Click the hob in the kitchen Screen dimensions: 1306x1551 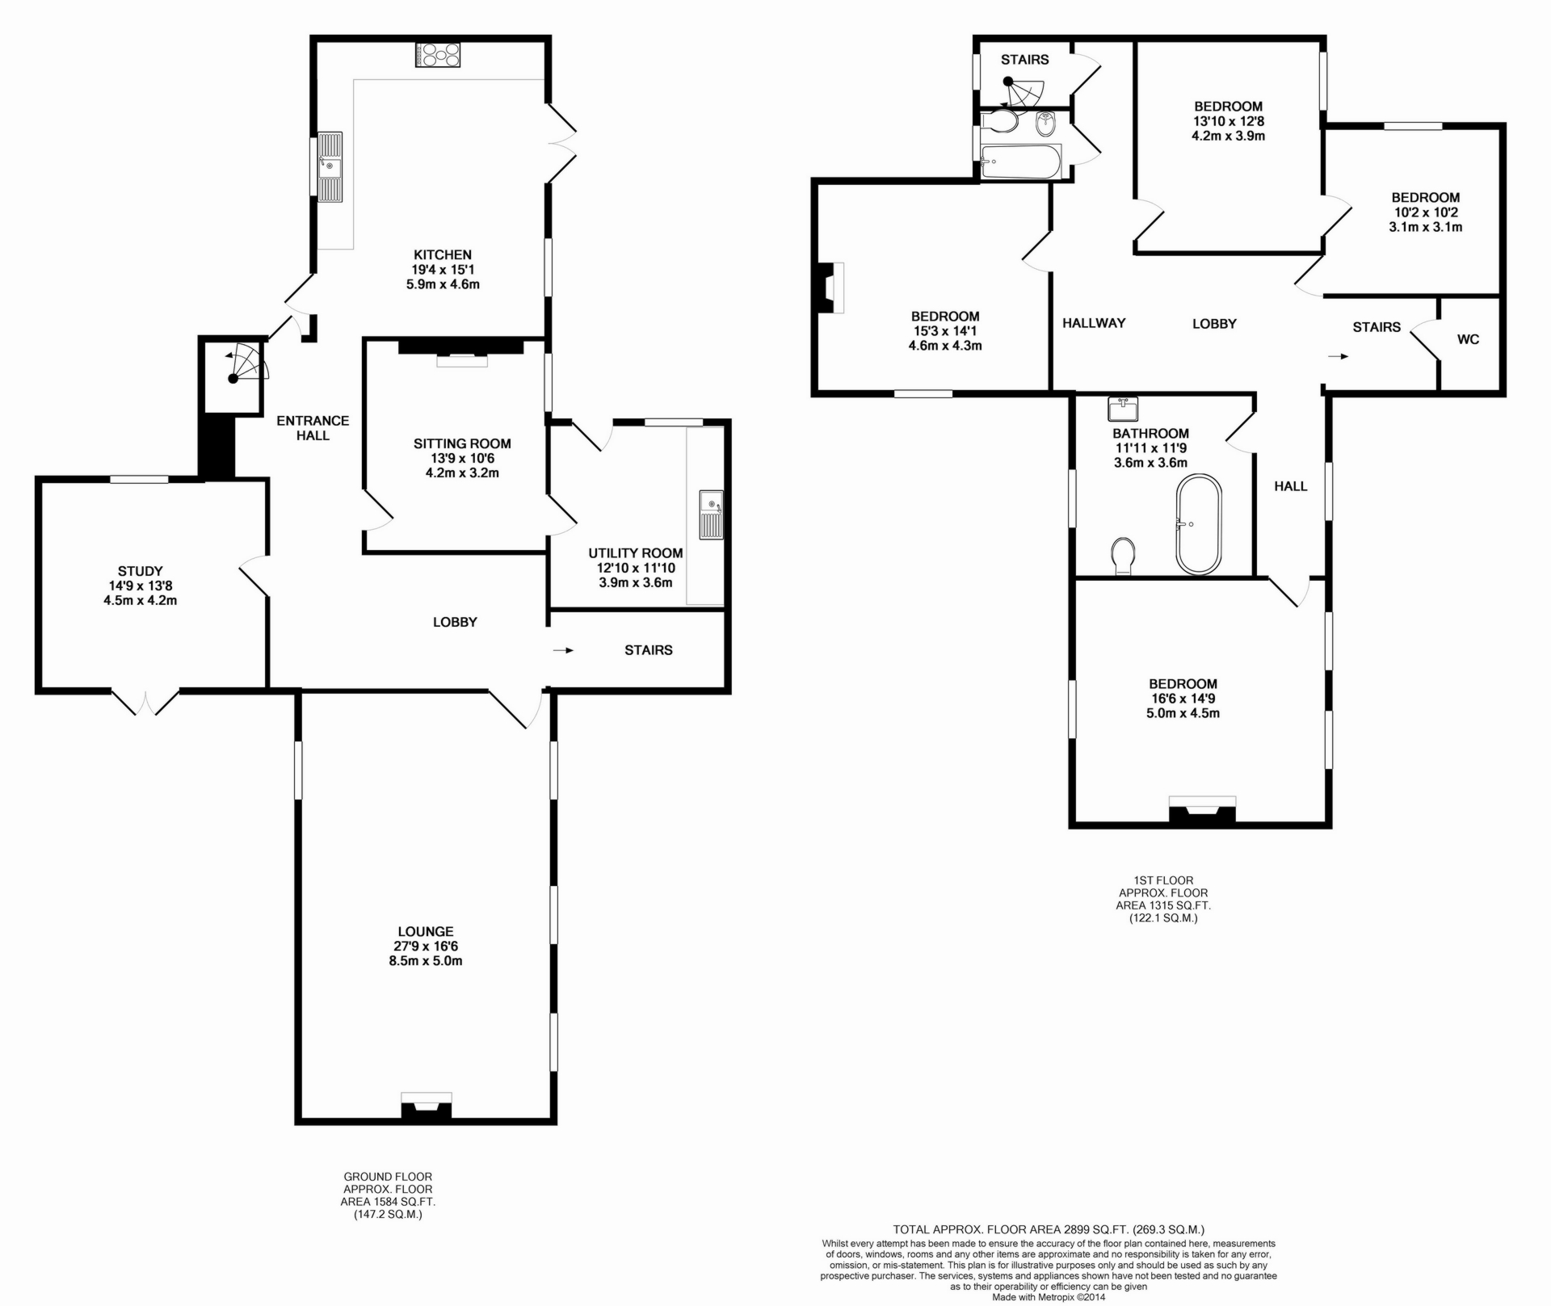click(438, 55)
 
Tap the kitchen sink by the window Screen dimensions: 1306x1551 click(330, 167)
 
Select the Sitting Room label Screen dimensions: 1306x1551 click(462, 443)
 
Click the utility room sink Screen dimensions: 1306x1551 click(711, 514)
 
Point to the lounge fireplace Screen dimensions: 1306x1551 click(427, 1107)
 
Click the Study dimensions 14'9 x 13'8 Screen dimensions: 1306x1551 click(140, 586)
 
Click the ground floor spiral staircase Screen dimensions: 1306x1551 click(242, 366)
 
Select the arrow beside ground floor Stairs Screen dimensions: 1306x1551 click(563, 650)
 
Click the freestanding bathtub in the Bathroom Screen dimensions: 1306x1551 click(1199, 523)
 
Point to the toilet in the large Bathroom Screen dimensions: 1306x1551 click(1123, 556)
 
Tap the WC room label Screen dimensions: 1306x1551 click(1468, 340)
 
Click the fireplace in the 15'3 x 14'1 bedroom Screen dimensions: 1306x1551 click(830, 288)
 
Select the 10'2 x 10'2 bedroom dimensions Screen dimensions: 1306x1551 click(1425, 212)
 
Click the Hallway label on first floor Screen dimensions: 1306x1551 click(1094, 323)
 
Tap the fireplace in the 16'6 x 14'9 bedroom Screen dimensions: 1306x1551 click(1202, 809)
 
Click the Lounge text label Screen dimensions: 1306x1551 click(426, 931)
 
